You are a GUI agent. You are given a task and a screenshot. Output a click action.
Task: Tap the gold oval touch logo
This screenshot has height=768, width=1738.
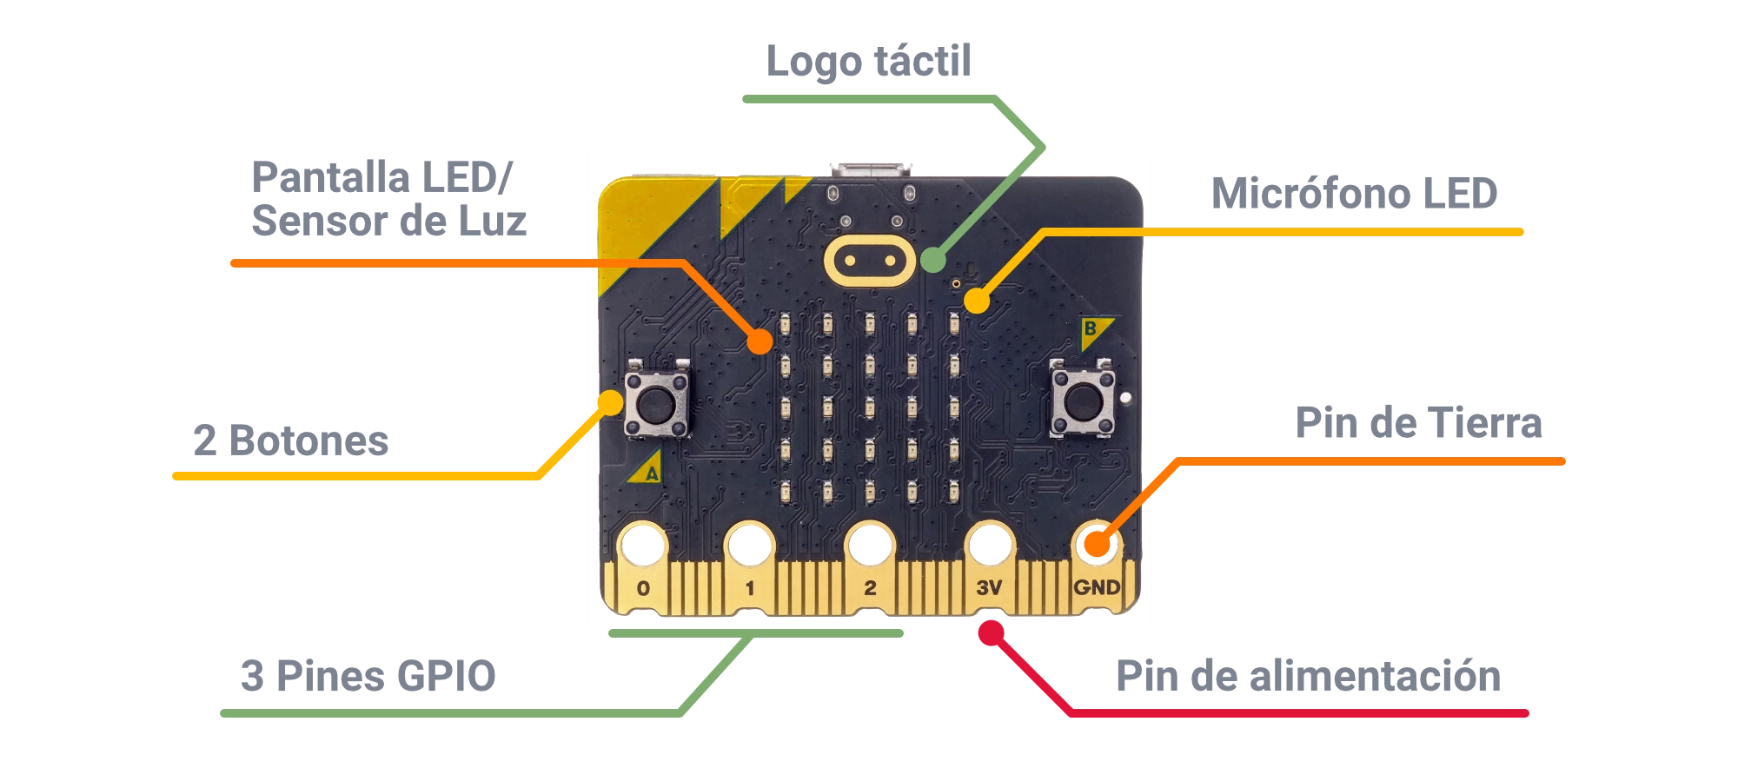(x=869, y=260)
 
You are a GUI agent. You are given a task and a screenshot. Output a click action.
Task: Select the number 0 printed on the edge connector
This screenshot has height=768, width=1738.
(x=643, y=588)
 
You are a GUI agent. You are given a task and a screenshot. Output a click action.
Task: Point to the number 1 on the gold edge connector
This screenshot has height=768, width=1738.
(x=750, y=588)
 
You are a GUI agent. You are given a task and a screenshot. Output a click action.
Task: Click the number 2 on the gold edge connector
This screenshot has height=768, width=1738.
(x=870, y=588)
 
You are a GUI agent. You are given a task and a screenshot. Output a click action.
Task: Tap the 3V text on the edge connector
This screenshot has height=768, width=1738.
(x=989, y=588)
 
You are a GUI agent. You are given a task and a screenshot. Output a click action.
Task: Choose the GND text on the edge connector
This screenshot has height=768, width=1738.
(x=1097, y=587)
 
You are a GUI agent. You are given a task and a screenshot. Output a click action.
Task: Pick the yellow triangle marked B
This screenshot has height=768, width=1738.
(x=1092, y=331)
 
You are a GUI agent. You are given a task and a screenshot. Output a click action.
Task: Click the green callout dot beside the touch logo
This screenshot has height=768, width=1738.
(x=933, y=260)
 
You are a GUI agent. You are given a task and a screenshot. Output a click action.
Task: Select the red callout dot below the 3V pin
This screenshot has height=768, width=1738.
(x=991, y=633)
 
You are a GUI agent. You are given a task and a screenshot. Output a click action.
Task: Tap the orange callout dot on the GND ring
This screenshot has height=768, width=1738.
(x=1098, y=546)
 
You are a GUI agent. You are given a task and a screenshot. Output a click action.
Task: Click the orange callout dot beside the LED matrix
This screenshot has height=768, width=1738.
(x=760, y=341)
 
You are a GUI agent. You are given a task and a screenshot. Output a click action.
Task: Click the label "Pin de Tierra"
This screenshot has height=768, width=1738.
(x=1416, y=425)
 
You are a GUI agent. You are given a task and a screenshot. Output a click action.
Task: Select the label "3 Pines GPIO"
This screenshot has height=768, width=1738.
(x=368, y=677)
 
